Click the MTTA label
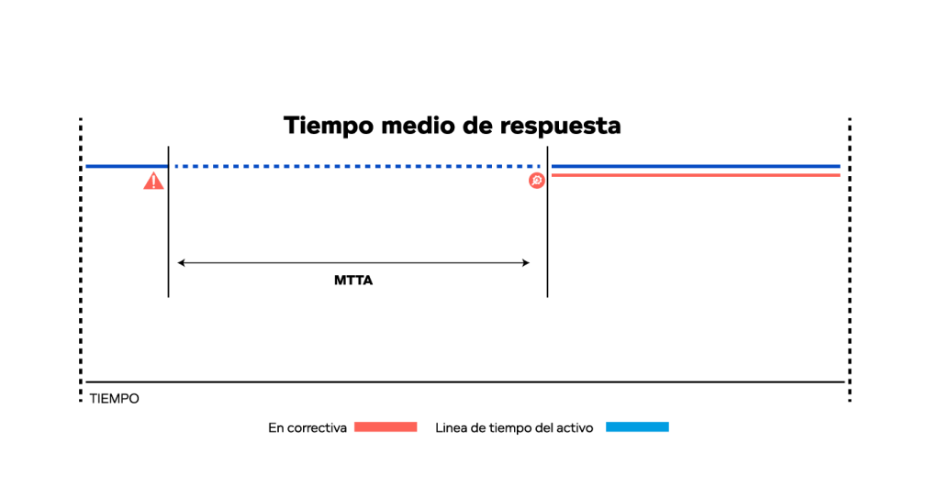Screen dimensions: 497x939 tap(353, 281)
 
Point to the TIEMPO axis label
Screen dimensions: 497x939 tap(115, 399)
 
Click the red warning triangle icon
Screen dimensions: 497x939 tap(153, 181)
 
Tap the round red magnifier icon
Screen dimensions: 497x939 tap(537, 181)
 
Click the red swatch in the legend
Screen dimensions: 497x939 tap(386, 427)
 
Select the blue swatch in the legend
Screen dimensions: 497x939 tap(637, 427)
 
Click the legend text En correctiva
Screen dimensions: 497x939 tap(307, 427)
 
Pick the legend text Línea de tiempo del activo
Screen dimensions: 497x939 tap(514, 427)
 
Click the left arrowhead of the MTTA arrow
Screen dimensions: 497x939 tap(181, 263)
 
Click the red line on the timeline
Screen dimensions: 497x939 tap(695, 175)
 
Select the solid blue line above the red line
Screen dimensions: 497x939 tap(695, 166)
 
